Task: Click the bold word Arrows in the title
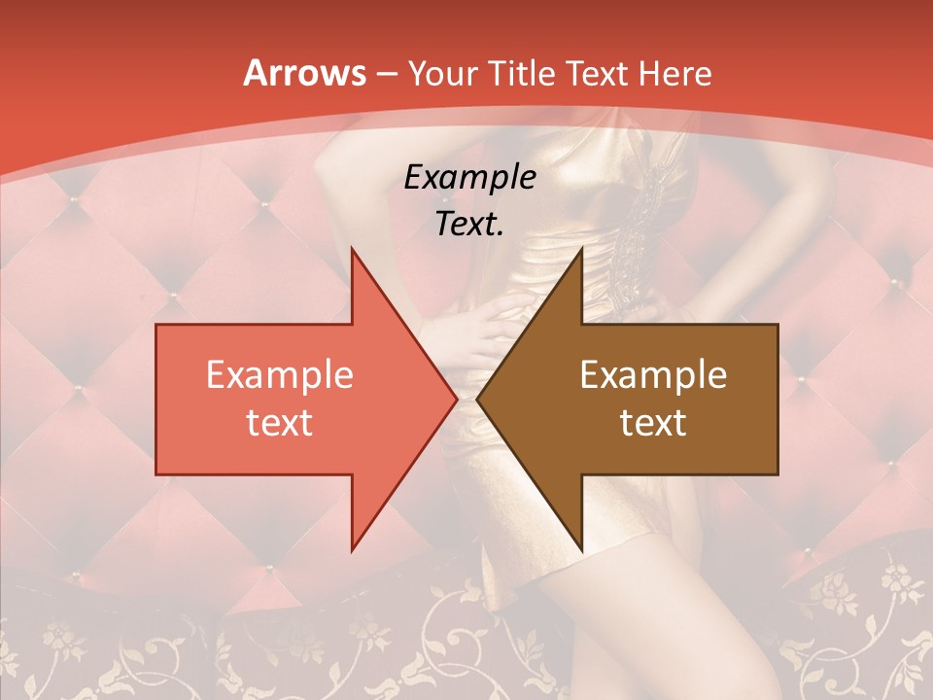pyautogui.click(x=303, y=73)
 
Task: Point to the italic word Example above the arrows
pyautogui.click(x=469, y=178)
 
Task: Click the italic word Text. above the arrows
pyautogui.click(x=469, y=225)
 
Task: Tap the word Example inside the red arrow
pyautogui.click(x=280, y=375)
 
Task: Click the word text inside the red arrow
pyautogui.click(x=280, y=422)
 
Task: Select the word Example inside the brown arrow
pyautogui.click(x=653, y=375)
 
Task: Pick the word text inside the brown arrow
pyautogui.click(x=653, y=422)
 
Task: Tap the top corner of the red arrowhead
pyautogui.click(x=352, y=249)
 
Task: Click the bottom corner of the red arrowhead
pyautogui.click(x=352, y=550)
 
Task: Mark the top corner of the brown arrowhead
pyautogui.click(x=581, y=249)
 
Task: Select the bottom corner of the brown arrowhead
pyautogui.click(x=581, y=550)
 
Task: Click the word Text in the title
pyautogui.click(x=598, y=73)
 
